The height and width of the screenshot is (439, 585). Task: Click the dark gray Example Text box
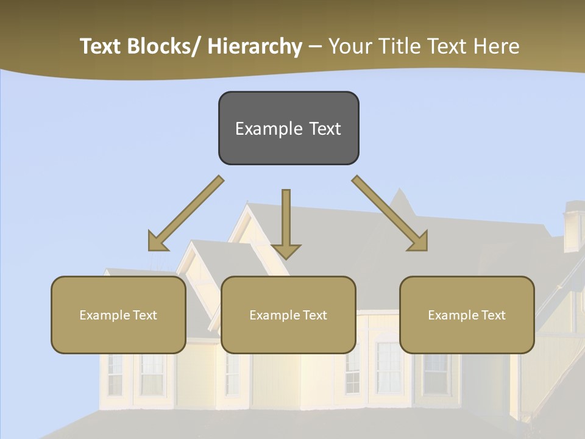point(288,128)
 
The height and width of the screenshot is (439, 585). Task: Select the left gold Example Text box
point(118,315)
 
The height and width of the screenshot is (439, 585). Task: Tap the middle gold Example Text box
point(288,315)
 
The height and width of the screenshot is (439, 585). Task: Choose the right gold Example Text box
point(467,315)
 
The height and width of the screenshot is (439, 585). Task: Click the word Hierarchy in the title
point(255,46)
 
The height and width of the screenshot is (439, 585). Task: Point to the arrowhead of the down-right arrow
point(419,242)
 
